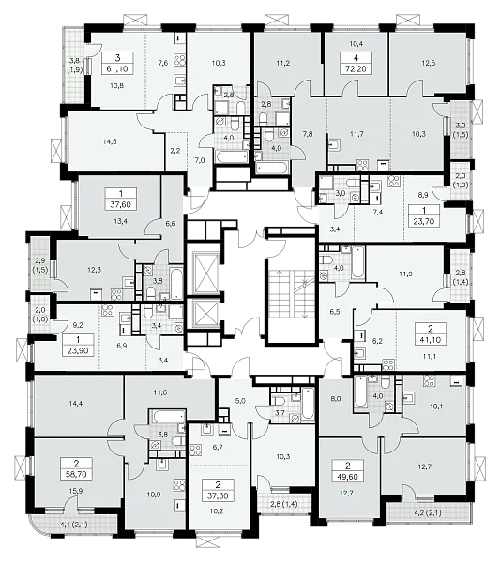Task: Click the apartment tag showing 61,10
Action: click(x=117, y=63)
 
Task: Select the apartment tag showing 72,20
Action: click(x=355, y=63)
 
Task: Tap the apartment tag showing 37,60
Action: click(x=121, y=199)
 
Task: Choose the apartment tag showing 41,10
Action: click(x=431, y=333)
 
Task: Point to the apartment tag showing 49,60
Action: click(x=348, y=472)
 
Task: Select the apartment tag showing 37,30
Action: click(x=219, y=490)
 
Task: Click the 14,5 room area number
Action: click(x=109, y=141)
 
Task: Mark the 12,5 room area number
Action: click(x=428, y=63)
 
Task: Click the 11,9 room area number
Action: click(x=405, y=274)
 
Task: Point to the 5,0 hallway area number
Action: click(x=240, y=401)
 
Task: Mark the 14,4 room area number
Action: click(x=76, y=403)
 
